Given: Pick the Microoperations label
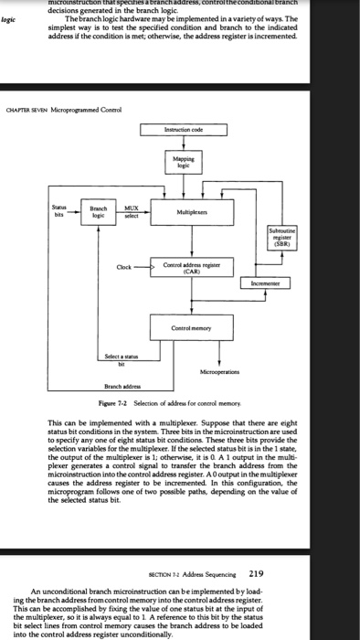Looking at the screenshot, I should coord(219,373).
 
